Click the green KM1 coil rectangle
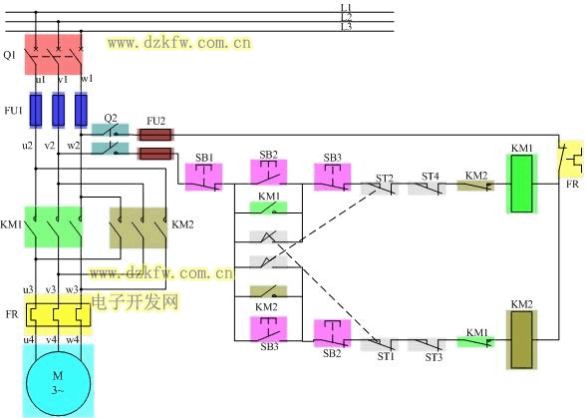[x=522, y=184]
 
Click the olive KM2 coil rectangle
[x=522, y=340]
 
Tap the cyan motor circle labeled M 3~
[x=58, y=383]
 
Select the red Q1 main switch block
[x=53, y=54]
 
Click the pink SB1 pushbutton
[x=203, y=177]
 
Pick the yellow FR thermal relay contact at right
[x=570, y=159]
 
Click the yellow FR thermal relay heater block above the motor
[x=58, y=315]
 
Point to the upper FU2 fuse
[x=155, y=135]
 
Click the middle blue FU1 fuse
[x=58, y=110]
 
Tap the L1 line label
[x=346, y=8]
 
